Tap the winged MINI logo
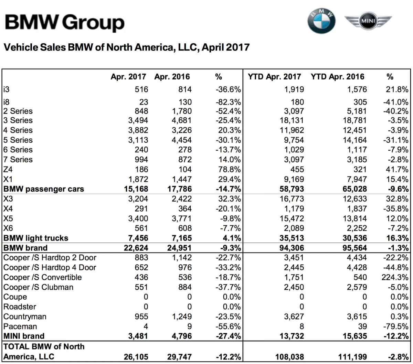(368, 22)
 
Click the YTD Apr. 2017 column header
(274, 77)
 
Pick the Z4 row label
(8, 169)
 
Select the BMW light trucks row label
(35, 238)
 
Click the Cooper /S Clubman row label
(38, 287)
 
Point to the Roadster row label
(20, 307)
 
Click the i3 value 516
(141, 89)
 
